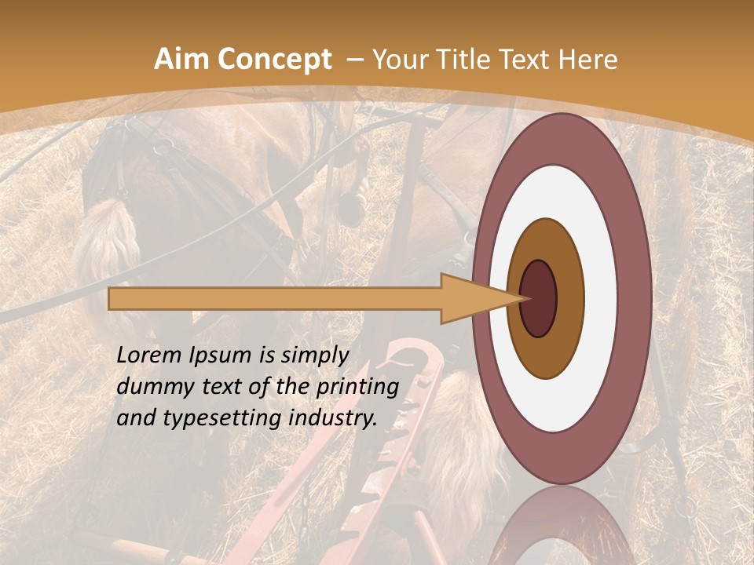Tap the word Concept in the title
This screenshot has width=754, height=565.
tap(275, 60)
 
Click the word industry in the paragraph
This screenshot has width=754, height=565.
tap(330, 418)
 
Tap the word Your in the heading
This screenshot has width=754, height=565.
tap(397, 60)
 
